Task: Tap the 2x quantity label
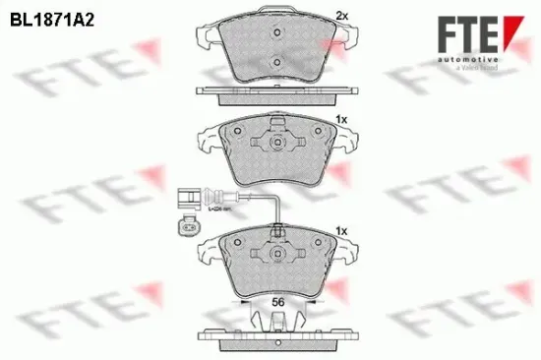click(x=341, y=16)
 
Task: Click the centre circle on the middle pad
click(x=277, y=144)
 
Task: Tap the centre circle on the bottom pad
click(x=278, y=255)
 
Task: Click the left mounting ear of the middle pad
click(x=206, y=139)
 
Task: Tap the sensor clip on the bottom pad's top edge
click(x=279, y=234)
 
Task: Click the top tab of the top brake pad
click(x=277, y=19)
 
